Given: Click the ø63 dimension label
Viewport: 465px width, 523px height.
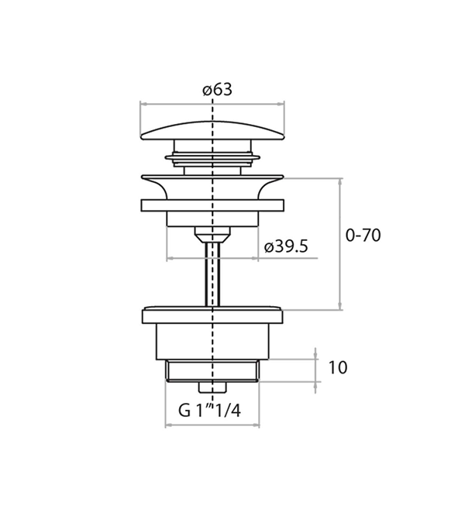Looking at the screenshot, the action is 217,90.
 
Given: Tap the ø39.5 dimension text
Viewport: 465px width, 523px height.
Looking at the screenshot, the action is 286,247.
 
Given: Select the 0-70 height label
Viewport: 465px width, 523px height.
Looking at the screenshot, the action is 363,236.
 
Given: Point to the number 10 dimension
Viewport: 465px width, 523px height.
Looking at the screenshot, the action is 338,367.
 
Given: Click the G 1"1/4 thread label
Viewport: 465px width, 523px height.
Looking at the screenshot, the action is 209,411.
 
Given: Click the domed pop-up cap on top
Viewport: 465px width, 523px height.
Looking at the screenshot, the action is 212,130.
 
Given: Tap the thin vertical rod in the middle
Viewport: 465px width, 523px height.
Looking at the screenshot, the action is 212,274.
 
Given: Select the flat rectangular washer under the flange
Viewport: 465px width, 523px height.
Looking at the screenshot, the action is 212,205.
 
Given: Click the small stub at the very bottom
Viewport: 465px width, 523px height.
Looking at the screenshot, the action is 212,387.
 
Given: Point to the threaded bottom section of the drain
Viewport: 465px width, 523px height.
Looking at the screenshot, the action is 212,371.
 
